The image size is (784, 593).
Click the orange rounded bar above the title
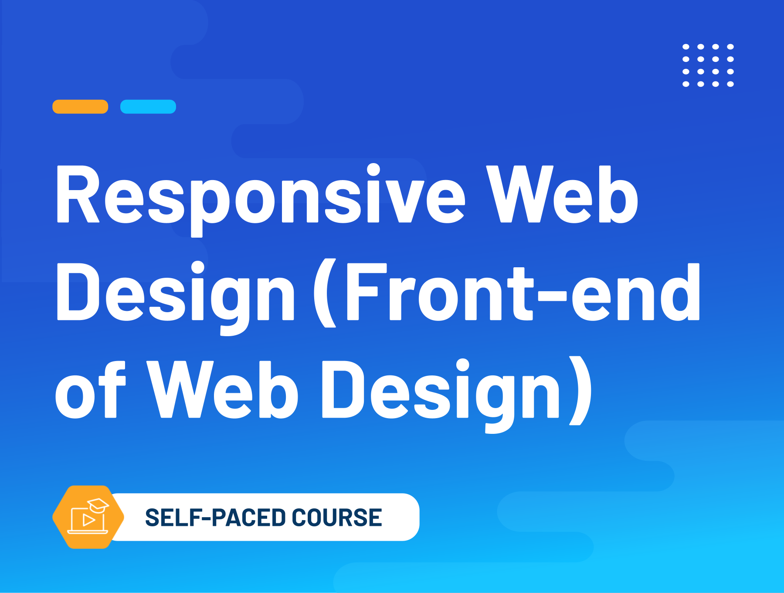coord(80,107)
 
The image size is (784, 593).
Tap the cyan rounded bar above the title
coord(148,107)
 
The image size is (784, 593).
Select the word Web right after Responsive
coord(562,194)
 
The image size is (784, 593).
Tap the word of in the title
coord(90,389)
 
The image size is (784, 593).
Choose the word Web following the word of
coord(222,389)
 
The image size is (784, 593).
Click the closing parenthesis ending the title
coord(580,391)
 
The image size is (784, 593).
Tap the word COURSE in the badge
coord(337,518)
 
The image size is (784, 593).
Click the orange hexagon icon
coord(88,517)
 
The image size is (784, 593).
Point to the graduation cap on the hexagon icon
coord(98,505)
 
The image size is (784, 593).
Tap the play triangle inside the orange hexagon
coord(89,520)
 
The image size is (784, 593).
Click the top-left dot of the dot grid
coord(686,47)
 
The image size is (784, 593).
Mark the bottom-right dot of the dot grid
coord(730,84)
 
